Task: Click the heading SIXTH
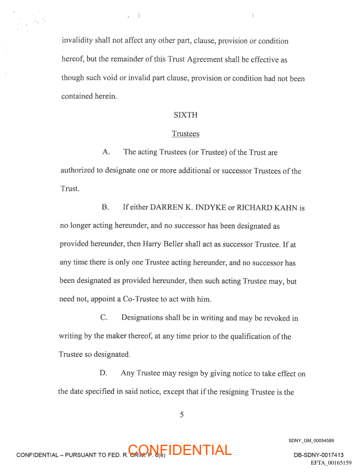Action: click(185, 115)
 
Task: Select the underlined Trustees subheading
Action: click(185, 134)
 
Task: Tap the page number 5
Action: click(181, 414)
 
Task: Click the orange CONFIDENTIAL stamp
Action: click(180, 450)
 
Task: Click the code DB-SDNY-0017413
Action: click(319, 455)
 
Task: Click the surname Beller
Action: click(174, 244)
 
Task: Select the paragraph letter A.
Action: click(106, 152)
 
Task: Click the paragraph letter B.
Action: click(105, 207)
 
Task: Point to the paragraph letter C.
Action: click(104, 318)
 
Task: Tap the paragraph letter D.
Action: click(103, 373)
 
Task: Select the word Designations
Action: click(142, 318)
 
